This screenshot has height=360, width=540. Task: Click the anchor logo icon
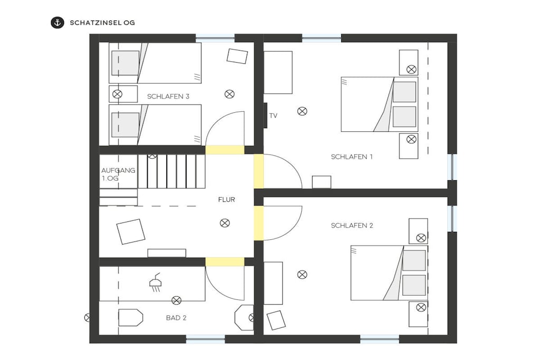coord(57,23)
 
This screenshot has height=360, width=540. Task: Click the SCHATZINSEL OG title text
coord(102,23)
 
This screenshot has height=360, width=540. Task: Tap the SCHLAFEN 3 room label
coord(168,96)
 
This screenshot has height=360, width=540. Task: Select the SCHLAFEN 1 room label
coord(352,157)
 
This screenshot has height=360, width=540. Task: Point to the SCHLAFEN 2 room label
coord(352,226)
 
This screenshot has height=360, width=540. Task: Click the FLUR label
coord(227,200)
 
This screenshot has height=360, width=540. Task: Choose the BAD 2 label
coord(176,318)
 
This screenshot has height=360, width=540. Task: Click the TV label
coord(273,115)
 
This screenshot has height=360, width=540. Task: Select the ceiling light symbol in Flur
coord(225,223)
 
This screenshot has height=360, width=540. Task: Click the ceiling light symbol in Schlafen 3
coord(230,94)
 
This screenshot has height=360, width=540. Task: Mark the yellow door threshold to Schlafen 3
coord(225,150)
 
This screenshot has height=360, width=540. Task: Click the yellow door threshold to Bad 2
coord(225,261)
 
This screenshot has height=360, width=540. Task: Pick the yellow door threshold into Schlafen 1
coord(258,171)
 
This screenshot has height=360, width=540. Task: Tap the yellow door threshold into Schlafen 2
coord(258,223)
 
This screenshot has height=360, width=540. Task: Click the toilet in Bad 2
coord(131,317)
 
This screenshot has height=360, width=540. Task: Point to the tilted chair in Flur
coord(131,231)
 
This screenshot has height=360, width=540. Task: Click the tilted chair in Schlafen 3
coord(237,56)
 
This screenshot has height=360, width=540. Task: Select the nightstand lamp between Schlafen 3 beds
coord(118,94)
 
